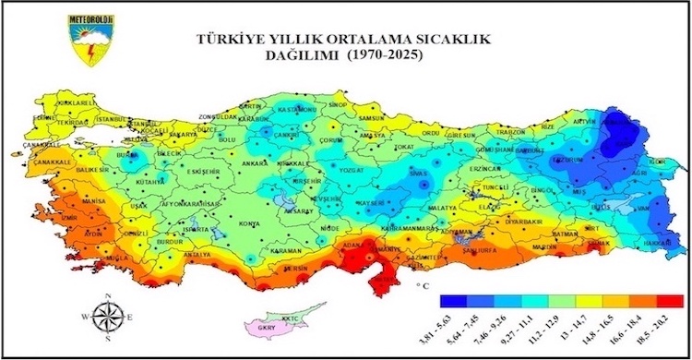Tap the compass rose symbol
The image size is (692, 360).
[109, 317]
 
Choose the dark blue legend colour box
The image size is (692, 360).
[453, 301]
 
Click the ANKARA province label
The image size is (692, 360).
[255, 164]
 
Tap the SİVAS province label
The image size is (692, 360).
[420, 173]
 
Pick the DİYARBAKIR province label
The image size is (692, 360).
[521, 221]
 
